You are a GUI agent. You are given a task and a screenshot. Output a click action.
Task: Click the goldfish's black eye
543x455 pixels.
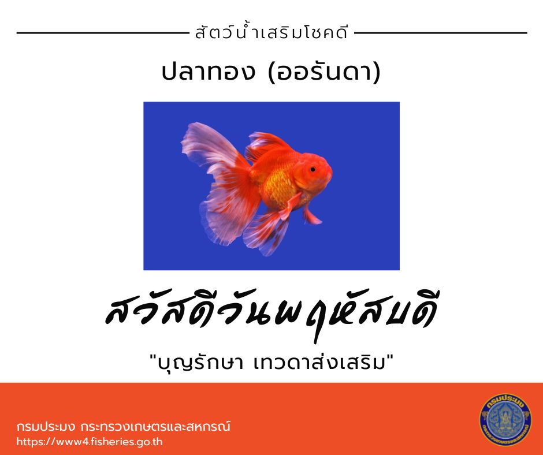(x=313, y=169)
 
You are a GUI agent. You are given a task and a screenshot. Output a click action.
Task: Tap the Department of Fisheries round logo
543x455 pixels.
(x=505, y=419)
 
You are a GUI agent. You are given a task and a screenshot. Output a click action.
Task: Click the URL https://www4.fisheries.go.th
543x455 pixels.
(x=90, y=442)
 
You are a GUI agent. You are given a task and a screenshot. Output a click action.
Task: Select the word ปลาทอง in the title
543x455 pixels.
(x=208, y=72)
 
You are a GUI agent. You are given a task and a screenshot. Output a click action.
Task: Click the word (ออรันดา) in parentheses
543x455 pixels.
(x=324, y=72)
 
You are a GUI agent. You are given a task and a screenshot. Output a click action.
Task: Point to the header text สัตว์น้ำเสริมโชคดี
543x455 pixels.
(x=271, y=33)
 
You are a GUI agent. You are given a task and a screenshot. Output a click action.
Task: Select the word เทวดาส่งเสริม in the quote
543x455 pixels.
(x=319, y=363)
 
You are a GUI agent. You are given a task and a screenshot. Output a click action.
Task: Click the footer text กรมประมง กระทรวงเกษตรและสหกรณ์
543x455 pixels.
(x=123, y=426)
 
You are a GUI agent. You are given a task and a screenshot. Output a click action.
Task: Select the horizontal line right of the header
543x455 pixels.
(x=441, y=33)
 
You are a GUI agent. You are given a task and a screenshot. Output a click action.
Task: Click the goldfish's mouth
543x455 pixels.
(x=330, y=173)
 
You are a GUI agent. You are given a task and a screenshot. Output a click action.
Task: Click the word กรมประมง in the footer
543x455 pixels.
(x=46, y=426)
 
